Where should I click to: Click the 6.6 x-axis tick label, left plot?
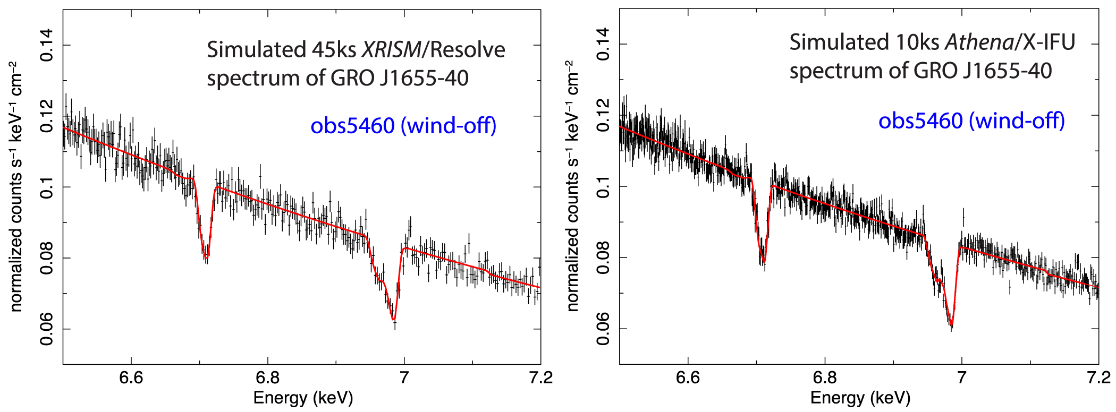[x=131, y=377]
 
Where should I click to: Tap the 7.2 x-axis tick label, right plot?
[x=1098, y=377]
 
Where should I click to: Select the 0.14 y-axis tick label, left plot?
[x=47, y=45]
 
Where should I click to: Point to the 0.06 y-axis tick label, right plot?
[x=603, y=329]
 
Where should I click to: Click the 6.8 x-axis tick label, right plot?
[x=825, y=377]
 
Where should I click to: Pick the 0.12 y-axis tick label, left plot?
[x=47, y=116]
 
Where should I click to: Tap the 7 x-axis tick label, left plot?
[x=404, y=377]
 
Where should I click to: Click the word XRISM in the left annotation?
[x=391, y=50]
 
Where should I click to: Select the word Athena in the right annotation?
[x=979, y=42]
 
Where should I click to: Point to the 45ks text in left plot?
[x=334, y=50]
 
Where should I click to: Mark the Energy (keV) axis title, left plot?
[x=303, y=398]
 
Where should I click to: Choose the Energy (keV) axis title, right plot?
[x=860, y=398]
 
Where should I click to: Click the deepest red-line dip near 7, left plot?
[x=394, y=320]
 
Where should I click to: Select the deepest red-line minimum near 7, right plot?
[x=951, y=324]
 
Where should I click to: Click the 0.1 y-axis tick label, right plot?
[x=603, y=187]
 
